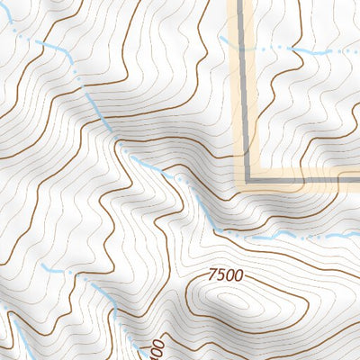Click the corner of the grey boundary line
pyautogui.click(x=246, y=180)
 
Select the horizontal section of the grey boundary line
pyautogui.click(x=306, y=181)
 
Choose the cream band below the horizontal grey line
pyautogui.click(x=306, y=188)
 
